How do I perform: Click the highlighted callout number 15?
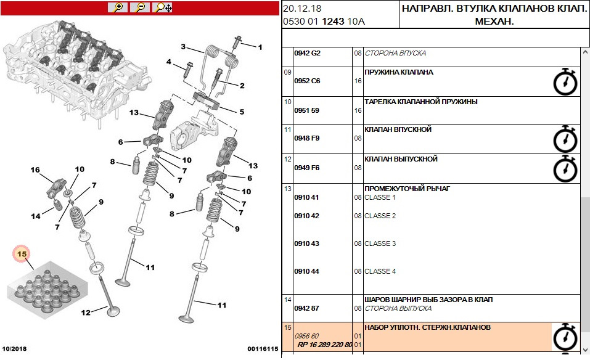point(22,254)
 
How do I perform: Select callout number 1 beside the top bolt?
point(260,47)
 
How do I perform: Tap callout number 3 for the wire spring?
point(183,47)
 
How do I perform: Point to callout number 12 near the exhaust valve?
point(86,313)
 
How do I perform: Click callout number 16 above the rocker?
point(35,170)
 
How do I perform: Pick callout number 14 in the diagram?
point(36,216)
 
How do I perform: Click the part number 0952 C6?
point(307,81)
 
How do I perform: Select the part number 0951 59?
point(306,110)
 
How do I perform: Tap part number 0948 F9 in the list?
point(306,139)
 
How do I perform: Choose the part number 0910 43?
point(306,243)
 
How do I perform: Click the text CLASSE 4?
point(380,272)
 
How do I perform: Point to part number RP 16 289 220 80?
point(325,345)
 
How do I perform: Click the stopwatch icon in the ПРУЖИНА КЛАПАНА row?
point(565,81)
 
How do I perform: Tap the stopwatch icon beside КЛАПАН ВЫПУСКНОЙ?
point(565,168)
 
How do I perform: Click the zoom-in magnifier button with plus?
point(118,7)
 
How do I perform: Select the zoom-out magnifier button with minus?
point(140,7)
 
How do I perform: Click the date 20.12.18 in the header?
point(302,9)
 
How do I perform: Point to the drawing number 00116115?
point(263,349)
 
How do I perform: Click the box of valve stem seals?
point(47,290)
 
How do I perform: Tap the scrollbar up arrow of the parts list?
point(585,52)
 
